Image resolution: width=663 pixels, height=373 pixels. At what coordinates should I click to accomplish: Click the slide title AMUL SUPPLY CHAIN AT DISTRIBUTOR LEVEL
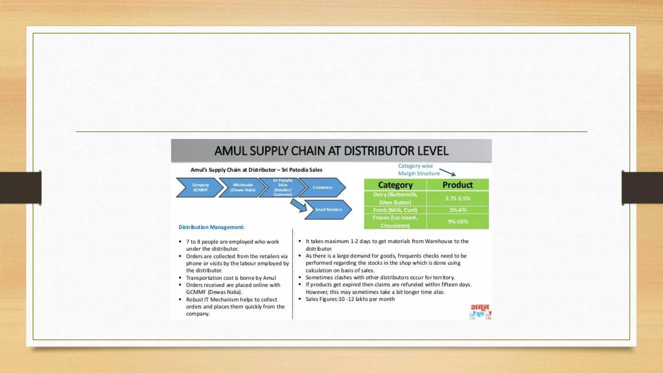331,151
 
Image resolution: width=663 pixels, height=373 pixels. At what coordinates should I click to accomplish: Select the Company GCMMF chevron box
200,187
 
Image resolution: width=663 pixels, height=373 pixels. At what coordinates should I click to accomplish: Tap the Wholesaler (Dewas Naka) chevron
243,187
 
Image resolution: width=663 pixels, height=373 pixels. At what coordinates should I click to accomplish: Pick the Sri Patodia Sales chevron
283,187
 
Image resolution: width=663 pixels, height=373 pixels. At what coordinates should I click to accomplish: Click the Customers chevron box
322,187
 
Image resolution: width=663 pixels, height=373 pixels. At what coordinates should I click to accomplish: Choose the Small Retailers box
328,209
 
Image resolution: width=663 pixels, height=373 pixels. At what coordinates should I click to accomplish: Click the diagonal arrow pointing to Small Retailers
298,206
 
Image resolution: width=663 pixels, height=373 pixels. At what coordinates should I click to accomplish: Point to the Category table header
395,185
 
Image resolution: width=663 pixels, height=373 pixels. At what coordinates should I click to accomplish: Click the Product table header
457,185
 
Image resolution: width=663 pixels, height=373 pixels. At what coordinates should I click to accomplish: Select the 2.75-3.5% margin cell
457,198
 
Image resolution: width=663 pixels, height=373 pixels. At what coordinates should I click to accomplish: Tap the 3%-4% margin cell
457,210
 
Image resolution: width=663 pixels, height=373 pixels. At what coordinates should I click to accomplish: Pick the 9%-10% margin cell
457,221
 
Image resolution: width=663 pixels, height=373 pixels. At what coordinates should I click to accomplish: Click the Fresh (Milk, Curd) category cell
395,210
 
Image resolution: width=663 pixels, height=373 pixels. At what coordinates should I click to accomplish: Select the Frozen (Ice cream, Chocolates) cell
395,221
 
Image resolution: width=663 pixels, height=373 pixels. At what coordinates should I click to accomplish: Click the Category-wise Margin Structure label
419,170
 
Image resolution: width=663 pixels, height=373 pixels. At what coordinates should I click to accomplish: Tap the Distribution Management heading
211,227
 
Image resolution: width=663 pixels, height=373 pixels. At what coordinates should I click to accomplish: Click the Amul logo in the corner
480,311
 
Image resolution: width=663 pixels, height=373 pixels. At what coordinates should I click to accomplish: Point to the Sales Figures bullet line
350,299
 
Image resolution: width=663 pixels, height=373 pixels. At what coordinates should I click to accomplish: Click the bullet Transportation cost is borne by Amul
230,278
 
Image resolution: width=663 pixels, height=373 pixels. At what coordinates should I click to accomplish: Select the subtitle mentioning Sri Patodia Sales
256,170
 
